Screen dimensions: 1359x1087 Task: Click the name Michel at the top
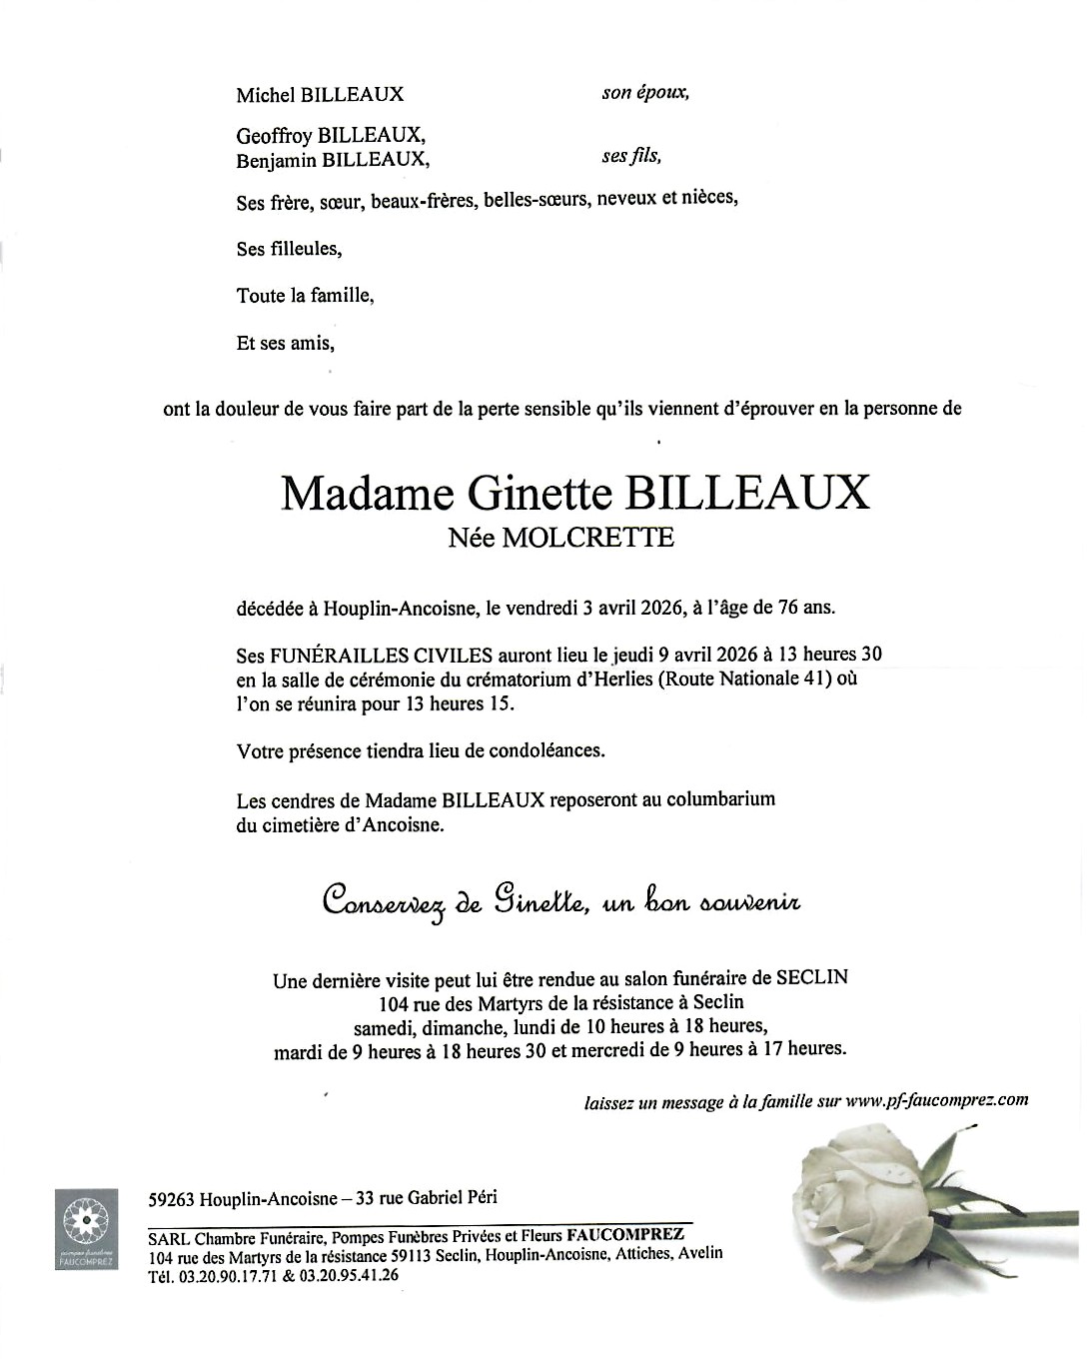265,95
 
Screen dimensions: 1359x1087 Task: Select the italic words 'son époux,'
645,93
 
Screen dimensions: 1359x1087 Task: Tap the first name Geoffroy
275,136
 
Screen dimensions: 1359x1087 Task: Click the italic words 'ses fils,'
631,156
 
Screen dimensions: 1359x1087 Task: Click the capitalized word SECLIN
815,977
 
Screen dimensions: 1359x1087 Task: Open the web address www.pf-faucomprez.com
937,1100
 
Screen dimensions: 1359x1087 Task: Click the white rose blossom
849,1199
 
